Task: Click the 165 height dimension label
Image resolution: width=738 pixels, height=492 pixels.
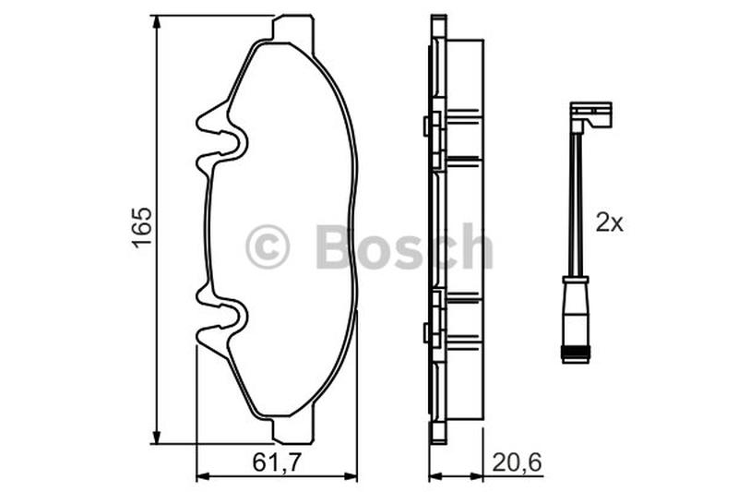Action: [140, 227]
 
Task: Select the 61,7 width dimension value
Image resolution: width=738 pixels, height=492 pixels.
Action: [277, 460]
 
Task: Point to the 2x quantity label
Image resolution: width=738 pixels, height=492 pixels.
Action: [610, 222]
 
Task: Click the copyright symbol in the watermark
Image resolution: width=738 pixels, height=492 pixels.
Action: [268, 247]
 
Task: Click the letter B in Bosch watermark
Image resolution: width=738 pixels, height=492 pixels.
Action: [335, 246]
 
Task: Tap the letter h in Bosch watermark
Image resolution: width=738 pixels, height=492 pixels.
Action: [476, 246]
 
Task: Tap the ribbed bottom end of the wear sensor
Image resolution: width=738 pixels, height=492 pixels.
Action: [577, 351]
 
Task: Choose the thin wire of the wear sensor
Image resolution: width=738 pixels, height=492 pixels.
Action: [577, 203]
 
